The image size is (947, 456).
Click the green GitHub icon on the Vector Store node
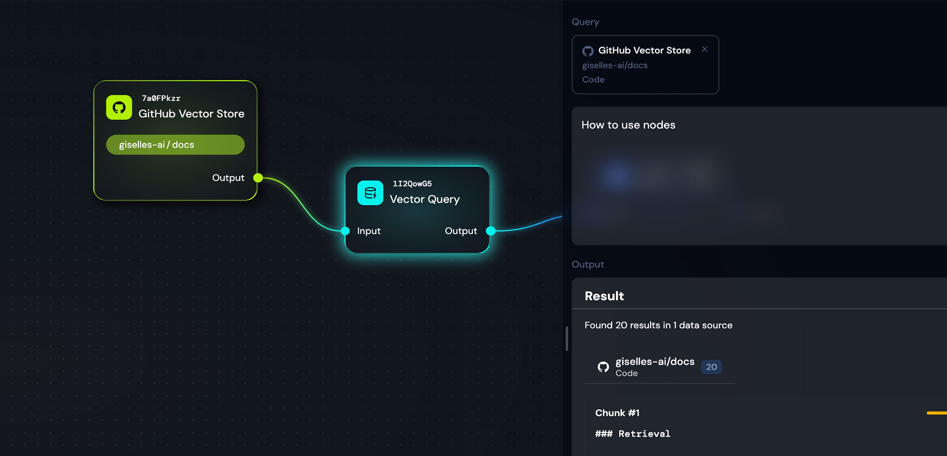pyautogui.click(x=119, y=107)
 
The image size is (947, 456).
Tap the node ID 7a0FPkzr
pyautogui.click(x=161, y=98)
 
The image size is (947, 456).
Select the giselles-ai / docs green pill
pyautogui.click(x=175, y=145)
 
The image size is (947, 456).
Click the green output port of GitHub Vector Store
pyautogui.click(x=258, y=178)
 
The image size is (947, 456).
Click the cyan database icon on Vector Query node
pyautogui.click(x=370, y=193)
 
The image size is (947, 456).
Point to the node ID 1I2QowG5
pyautogui.click(x=412, y=183)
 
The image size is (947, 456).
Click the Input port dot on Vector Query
pyautogui.click(x=345, y=231)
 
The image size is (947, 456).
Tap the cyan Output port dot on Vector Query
pyautogui.click(x=491, y=231)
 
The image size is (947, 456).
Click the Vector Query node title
pyautogui.click(x=424, y=199)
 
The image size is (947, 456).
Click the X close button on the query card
pyautogui.click(x=705, y=49)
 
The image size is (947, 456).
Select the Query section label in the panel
pyautogui.click(x=585, y=22)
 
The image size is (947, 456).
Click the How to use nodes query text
pyautogui.click(x=628, y=125)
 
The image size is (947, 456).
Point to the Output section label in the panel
pyautogui.click(x=587, y=264)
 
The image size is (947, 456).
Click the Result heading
pyautogui.click(x=604, y=296)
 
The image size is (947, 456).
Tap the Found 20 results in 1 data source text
pyautogui.click(x=658, y=325)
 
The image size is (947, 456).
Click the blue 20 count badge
pyautogui.click(x=711, y=367)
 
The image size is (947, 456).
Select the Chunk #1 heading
pyautogui.click(x=617, y=413)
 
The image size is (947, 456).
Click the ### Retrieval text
pyautogui.click(x=632, y=434)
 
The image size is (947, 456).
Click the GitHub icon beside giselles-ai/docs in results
pyautogui.click(x=603, y=367)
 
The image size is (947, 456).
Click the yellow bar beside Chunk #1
pyautogui.click(x=936, y=413)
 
